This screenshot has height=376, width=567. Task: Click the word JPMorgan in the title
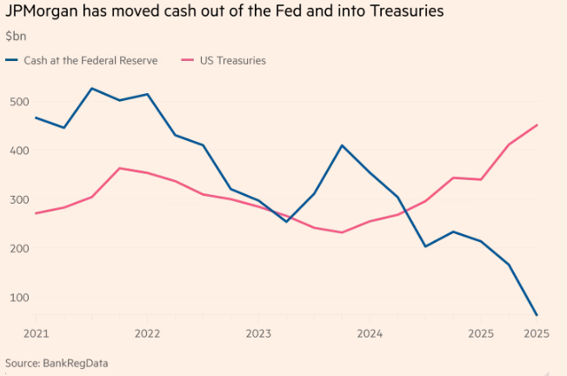click(40, 12)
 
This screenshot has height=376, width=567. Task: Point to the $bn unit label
click(16, 37)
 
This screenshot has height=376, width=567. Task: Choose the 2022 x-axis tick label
click(147, 333)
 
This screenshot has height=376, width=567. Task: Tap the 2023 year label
click(258, 333)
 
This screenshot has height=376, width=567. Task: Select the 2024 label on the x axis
click(370, 333)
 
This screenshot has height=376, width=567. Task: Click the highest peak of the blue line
click(91, 88)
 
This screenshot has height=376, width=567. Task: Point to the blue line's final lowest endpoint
click(537, 315)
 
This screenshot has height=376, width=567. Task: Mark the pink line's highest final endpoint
click(537, 124)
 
